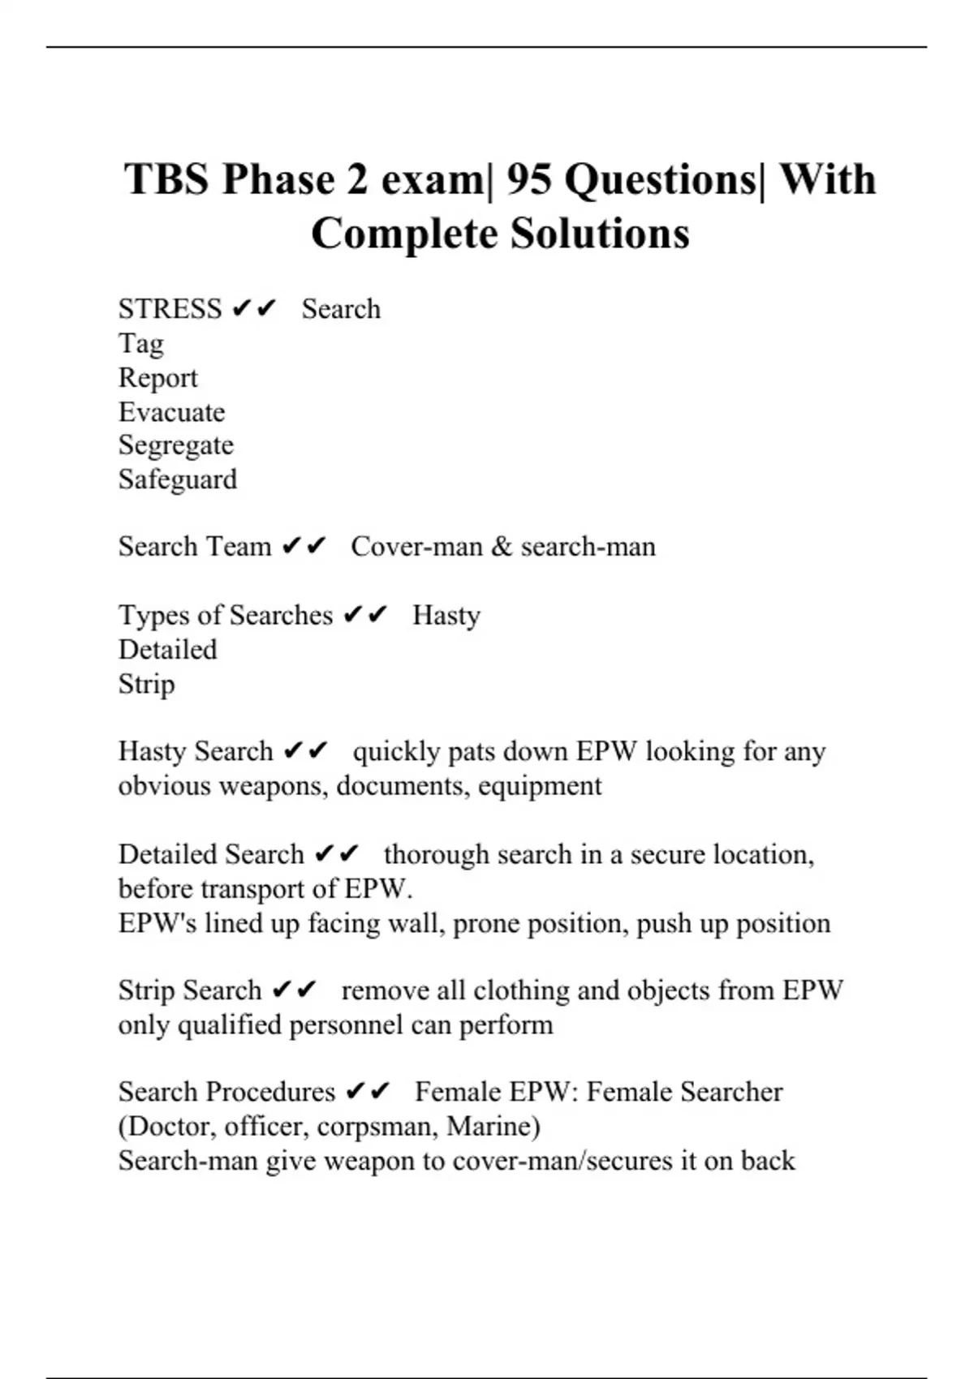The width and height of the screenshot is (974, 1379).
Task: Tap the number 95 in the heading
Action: tap(528, 179)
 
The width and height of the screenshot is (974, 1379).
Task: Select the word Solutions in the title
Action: tap(600, 234)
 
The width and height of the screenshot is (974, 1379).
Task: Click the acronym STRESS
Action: tap(170, 309)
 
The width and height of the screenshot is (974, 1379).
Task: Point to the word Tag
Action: tap(140, 343)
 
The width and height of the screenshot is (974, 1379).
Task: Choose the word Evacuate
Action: tap(171, 412)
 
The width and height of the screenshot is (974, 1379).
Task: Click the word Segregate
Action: tap(175, 445)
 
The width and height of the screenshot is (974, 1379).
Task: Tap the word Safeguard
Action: tap(178, 479)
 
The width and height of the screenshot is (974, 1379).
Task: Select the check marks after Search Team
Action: tap(304, 547)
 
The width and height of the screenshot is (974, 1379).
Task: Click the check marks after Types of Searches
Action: tap(365, 616)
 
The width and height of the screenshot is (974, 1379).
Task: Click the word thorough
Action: tap(436, 854)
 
